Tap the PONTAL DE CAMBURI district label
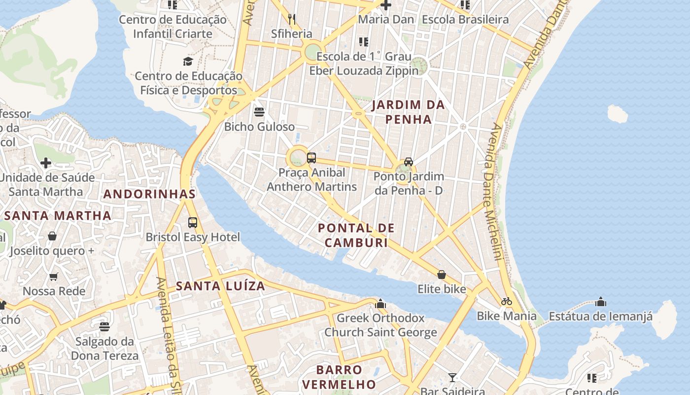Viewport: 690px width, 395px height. coord(356,235)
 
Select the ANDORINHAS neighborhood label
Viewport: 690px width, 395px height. coord(149,194)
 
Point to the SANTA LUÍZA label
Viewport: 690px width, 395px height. coord(220,286)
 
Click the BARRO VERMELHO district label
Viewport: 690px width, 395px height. coord(339,377)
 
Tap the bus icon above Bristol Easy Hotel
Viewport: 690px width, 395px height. coord(193,223)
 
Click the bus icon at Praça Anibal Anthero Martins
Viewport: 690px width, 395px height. coord(311,158)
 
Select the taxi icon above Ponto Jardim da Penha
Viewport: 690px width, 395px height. coord(409,162)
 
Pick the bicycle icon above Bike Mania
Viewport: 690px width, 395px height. coord(506,301)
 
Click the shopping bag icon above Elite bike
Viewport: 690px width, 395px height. coord(442,275)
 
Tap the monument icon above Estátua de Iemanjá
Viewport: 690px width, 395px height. coord(600,302)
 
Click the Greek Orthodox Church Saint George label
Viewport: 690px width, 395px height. coord(380,325)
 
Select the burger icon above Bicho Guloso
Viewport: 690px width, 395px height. coord(259,112)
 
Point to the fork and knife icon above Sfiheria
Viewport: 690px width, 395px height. coord(292,19)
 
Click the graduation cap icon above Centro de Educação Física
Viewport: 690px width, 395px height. coord(188,62)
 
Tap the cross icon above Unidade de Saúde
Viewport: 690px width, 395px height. coord(46,163)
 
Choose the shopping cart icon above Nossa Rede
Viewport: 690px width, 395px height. coord(54,277)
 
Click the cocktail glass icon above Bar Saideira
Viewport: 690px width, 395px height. coord(452,378)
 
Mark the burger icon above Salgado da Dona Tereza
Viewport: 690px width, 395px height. coord(104,327)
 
